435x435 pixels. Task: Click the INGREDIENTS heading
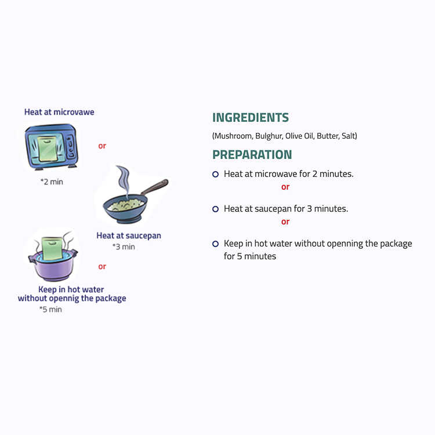coord(251,117)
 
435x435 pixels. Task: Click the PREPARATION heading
coord(252,154)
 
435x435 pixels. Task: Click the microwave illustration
coord(51,147)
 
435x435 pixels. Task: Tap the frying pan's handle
coord(154,187)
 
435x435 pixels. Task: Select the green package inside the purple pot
coord(52,248)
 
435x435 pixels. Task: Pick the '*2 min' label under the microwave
coord(52,182)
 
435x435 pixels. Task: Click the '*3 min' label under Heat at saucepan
coord(124,246)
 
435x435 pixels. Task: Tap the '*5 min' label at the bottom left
coord(50,309)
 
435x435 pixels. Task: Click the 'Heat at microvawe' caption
coord(59,112)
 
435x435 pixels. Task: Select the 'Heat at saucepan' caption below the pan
coord(129,235)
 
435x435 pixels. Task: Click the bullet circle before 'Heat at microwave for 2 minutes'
coord(216,174)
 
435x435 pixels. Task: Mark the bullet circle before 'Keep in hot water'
coord(216,244)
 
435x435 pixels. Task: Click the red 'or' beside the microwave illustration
coord(102,146)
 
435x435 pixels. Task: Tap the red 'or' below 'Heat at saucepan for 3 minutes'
coord(285,222)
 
